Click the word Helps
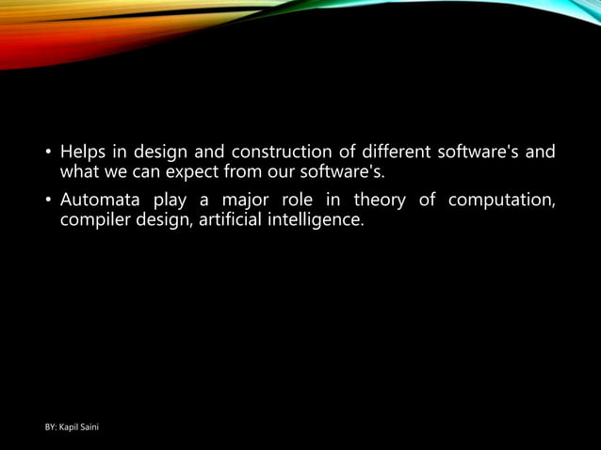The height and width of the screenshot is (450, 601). pos(82,152)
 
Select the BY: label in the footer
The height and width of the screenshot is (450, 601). pos(53,428)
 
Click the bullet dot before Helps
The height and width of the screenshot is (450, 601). pos(47,153)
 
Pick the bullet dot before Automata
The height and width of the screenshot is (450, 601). pos(47,201)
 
